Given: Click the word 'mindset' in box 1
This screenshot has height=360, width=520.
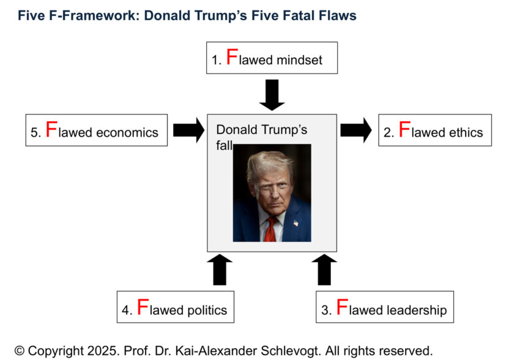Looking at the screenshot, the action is pos(299,60).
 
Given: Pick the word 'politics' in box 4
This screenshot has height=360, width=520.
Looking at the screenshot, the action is pos(207,310).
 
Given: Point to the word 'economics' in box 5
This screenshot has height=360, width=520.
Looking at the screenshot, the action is pos(127,132).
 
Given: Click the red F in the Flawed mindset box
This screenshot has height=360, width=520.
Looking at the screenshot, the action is pos(232,56).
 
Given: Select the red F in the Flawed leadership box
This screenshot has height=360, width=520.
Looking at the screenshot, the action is pos(342,307).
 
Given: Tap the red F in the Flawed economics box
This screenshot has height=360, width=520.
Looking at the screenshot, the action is pos(51,129).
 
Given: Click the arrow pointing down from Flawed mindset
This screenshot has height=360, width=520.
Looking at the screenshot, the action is pos(272,95).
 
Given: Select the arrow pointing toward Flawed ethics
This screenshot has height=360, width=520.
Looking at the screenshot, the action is pos(356,130).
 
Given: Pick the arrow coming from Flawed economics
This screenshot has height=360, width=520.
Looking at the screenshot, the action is pos(188,130).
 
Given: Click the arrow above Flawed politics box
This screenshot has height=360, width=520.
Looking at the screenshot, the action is pos(220,270).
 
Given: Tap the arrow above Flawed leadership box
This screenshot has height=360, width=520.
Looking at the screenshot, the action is pos(324,270).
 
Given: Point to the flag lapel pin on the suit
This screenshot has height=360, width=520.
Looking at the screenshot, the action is pos(296,223).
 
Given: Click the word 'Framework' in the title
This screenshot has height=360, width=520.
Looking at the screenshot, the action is pos(98,15).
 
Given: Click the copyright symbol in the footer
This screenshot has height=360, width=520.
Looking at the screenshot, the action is pos(20,351).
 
